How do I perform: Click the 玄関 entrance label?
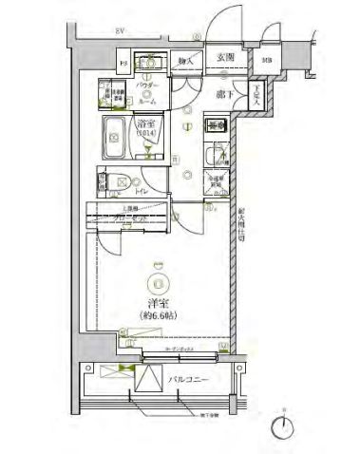click(225, 58)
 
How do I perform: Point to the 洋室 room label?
click(157, 301)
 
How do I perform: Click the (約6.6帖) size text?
click(158, 316)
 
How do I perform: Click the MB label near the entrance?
click(266, 64)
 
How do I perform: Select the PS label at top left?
click(123, 64)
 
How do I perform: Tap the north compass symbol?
click(282, 426)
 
